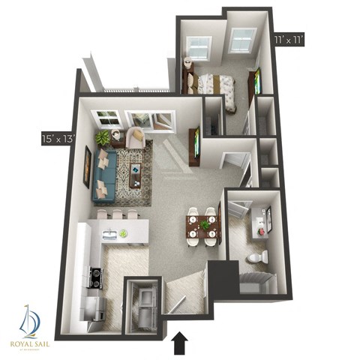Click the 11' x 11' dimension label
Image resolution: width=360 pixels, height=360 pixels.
click(289, 39)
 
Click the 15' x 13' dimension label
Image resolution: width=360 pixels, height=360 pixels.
click(58, 138)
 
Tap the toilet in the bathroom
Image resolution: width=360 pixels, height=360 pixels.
click(256, 257)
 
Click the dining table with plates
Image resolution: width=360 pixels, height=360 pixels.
click(202, 226)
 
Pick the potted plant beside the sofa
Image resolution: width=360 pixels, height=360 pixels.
click(102, 137)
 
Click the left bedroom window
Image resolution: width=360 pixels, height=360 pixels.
click(199, 48)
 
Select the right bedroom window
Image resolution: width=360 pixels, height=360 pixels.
click(241, 40)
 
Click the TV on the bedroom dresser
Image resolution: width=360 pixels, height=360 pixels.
click(258, 80)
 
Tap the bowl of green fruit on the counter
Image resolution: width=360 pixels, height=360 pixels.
click(122, 233)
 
